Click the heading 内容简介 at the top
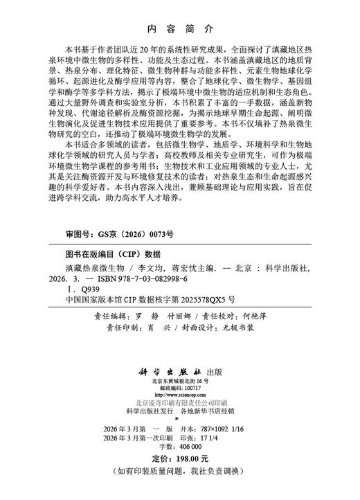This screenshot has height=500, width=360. tap(179, 28)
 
